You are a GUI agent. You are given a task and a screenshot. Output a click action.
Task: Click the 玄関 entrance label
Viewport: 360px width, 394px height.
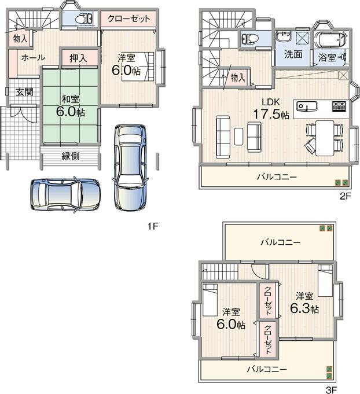24,92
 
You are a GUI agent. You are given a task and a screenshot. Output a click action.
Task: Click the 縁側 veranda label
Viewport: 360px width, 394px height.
70,156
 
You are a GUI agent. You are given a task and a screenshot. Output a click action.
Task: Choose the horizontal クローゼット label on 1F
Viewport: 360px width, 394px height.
128,19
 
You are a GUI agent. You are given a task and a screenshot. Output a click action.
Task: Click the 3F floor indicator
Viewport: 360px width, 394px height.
330,389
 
